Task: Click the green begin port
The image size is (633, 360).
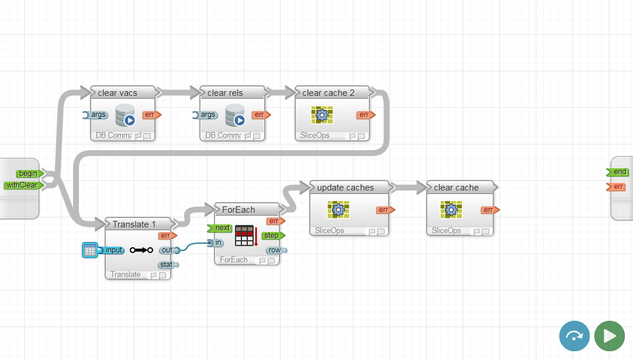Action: point(28,173)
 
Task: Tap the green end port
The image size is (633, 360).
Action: point(619,172)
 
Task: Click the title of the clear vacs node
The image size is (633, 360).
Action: point(117,93)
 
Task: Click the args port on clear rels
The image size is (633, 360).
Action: point(207,115)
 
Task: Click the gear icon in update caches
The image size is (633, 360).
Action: point(338,209)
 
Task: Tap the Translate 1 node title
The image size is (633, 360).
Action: point(134,224)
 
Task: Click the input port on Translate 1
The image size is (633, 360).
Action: point(113,250)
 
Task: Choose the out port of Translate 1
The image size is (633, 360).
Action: point(167,250)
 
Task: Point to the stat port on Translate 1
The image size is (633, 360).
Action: point(167,265)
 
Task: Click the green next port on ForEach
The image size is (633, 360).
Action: point(222,228)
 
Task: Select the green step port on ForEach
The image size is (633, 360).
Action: point(271,236)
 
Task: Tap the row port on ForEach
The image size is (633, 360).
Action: point(274,250)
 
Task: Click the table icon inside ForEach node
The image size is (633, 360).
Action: point(245,236)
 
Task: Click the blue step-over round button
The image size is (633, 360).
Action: point(575,336)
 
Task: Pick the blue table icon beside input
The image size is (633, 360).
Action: point(90,251)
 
